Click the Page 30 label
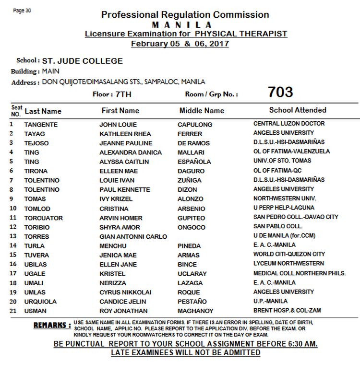[23, 11]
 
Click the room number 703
[280, 92]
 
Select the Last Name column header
[43, 111]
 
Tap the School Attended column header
[298, 110]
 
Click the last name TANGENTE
[41, 124]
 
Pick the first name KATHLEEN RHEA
[125, 134]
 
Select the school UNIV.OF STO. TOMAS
[282, 161]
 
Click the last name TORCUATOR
[44, 218]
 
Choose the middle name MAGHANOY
[195, 311]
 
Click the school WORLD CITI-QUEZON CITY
[289, 254]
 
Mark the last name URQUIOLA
[40, 302]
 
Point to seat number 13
[13, 236]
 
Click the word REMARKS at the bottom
[52, 326]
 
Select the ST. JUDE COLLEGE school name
[82, 61]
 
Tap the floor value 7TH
[123, 94]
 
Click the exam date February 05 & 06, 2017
[180, 44]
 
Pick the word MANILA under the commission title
[182, 24]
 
